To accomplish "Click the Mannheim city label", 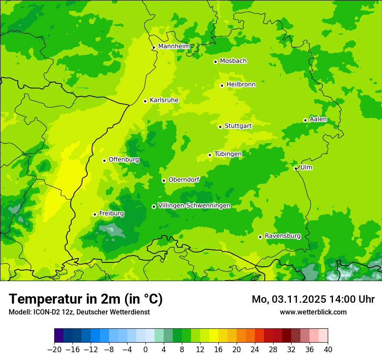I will coord(174,46).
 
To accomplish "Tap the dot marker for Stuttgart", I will coord(220,127).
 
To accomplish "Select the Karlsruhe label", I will coord(164,100).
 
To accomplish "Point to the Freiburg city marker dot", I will coord(95,214).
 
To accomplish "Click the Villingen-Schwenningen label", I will coord(194,206).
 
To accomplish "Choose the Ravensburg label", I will coord(282,236).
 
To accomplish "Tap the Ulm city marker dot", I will coord(296,168).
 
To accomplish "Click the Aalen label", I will coord(318,119).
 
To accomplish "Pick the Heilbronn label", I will coord(241,85).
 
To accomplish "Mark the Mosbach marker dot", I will coord(215,62).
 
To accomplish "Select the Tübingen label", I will coord(228,154).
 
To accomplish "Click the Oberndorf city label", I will coord(184,180).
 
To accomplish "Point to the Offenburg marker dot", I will coord(104,160).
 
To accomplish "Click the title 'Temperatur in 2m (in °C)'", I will coord(86,299).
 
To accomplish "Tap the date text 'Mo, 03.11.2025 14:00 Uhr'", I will coord(313,299).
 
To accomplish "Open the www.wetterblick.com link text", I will coord(313,312).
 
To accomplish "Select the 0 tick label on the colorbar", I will coord(145,350).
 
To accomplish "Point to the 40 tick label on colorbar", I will coord(328,350).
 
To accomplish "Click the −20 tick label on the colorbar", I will coord(54,350).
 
